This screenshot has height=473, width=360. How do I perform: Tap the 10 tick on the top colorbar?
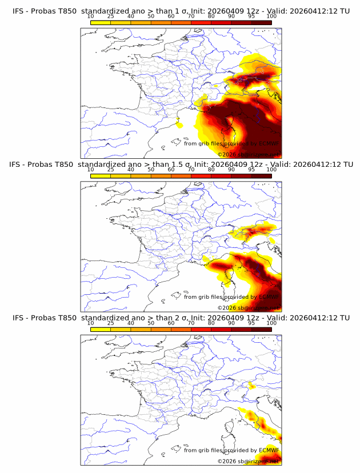point(91,17)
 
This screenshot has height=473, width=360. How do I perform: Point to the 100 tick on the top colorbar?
point(271,17)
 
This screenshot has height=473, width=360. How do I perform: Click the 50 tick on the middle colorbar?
point(151,170)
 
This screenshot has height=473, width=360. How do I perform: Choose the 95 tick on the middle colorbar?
point(251,170)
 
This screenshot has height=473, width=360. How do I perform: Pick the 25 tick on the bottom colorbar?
point(111,323)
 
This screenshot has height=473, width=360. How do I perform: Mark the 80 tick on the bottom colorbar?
point(211,323)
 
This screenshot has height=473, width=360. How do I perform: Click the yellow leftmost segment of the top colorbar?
point(101,22)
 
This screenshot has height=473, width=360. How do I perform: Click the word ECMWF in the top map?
point(269,144)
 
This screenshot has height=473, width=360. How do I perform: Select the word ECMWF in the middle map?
point(269,297)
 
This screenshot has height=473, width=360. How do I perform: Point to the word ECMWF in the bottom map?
point(269,450)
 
